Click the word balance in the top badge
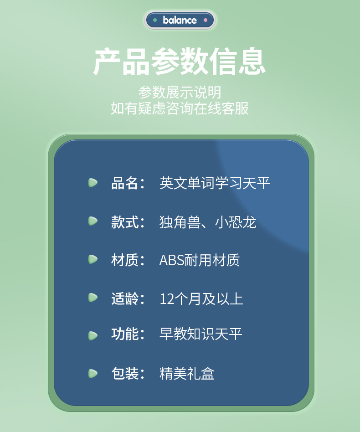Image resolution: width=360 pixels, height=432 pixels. (180, 20)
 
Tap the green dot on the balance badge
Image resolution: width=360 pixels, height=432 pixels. (155, 20)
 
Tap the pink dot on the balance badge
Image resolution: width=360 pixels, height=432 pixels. (206, 20)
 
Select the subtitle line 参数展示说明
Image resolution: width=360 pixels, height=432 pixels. (180, 92)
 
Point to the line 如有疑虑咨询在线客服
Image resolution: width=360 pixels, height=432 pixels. (180, 108)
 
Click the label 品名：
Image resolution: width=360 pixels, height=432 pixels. (128, 183)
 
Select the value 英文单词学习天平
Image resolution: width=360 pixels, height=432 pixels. (215, 183)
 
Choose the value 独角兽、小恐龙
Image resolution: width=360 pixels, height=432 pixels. (208, 222)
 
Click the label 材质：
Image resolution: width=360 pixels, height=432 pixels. (128, 260)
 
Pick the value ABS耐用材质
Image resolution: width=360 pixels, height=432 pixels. (200, 260)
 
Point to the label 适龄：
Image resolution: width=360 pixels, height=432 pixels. (128, 298)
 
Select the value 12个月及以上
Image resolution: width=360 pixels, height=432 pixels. (201, 299)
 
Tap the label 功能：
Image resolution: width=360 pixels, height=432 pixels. (128, 334)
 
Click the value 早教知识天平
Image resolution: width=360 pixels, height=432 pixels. (201, 334)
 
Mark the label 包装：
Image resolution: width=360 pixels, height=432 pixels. (128, 373)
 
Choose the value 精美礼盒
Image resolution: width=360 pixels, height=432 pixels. (187, 374)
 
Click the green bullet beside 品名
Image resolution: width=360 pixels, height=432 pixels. (93, 183)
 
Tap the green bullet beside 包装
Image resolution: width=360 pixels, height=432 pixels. (93, 373)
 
